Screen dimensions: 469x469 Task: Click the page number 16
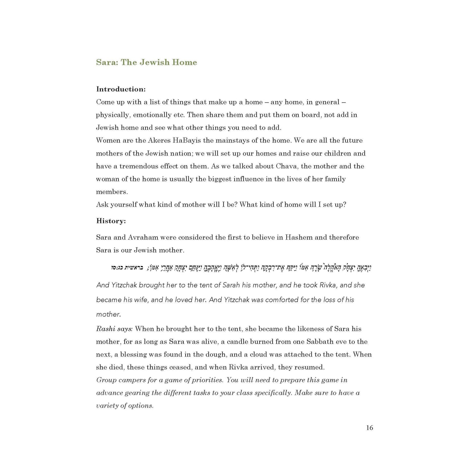tap(369, 428)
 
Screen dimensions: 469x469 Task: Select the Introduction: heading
tap(121, 89)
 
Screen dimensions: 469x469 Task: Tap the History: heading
tap(111, 221)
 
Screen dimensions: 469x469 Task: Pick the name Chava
tap(287, 166)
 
